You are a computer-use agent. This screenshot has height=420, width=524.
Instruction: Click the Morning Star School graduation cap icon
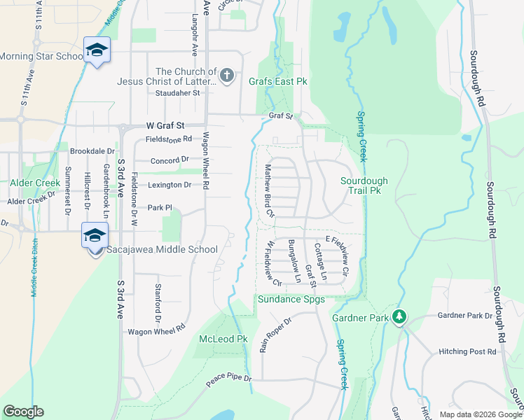pos(96,50)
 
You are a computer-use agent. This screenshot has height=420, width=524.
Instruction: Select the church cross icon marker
pos(226,76)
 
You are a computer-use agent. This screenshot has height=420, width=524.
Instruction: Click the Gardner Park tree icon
pos(399,317)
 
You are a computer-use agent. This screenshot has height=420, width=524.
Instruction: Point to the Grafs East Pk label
pos(278,81)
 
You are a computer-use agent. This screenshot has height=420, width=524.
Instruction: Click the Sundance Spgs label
pos(291,300)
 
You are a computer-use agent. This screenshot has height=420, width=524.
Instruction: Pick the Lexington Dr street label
pos(170,185)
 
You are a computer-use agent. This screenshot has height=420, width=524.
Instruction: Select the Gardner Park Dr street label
pos(465,316)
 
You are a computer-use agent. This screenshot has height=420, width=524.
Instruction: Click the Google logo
pos(23,412)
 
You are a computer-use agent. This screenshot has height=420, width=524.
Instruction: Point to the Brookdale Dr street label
pos(92,150)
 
